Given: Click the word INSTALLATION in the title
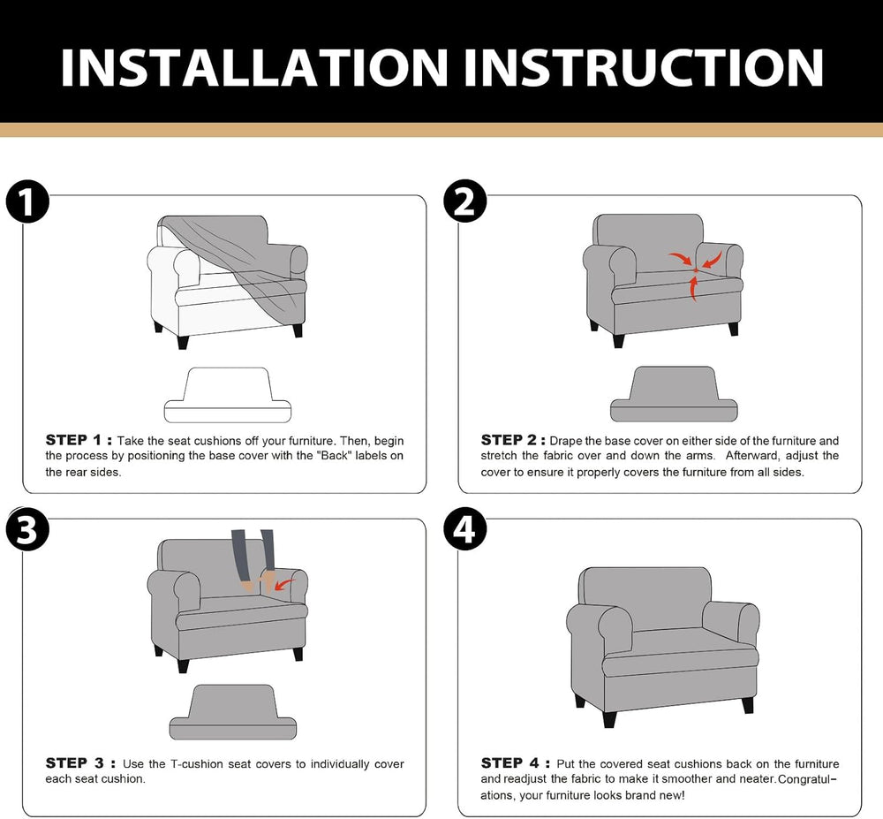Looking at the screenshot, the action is pyautogui.click(x=254, y=68).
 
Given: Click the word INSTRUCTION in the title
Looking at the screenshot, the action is pyautogui.click(x=644, y=68).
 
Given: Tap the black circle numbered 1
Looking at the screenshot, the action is pyautogui.click(x=27, y=201).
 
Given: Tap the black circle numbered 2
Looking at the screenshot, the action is pyautogui.click(x=464, y=201).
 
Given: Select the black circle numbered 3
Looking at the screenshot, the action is pyautogui.click(x=27, y=529).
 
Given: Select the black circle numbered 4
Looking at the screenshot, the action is pyautogui.click(x=464, y=529).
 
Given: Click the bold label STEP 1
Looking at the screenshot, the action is pyautogui.click(x=79, y=440).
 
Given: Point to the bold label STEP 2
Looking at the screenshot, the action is pyautogui.click(x=513, y=440).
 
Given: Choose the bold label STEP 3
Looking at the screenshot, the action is pyautogui.click(x=80, y=763).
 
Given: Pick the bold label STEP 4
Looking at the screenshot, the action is pyautogui.click(x=516, y=763).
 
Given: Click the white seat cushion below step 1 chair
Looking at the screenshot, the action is pyautogui.click(x=228, y=396).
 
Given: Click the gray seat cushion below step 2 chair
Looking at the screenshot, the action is pyautogui.click(x=674, y=394).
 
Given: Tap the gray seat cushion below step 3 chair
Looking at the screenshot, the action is pyautogui.click(x=232, y=712).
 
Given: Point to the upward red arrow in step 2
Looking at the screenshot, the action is pyautogui.click(x=693, y=287).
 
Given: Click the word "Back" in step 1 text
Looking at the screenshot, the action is pyautogui.click(x=335, y=456).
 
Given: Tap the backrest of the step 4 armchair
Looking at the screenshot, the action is pyautogui.click(x=645, y=597).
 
